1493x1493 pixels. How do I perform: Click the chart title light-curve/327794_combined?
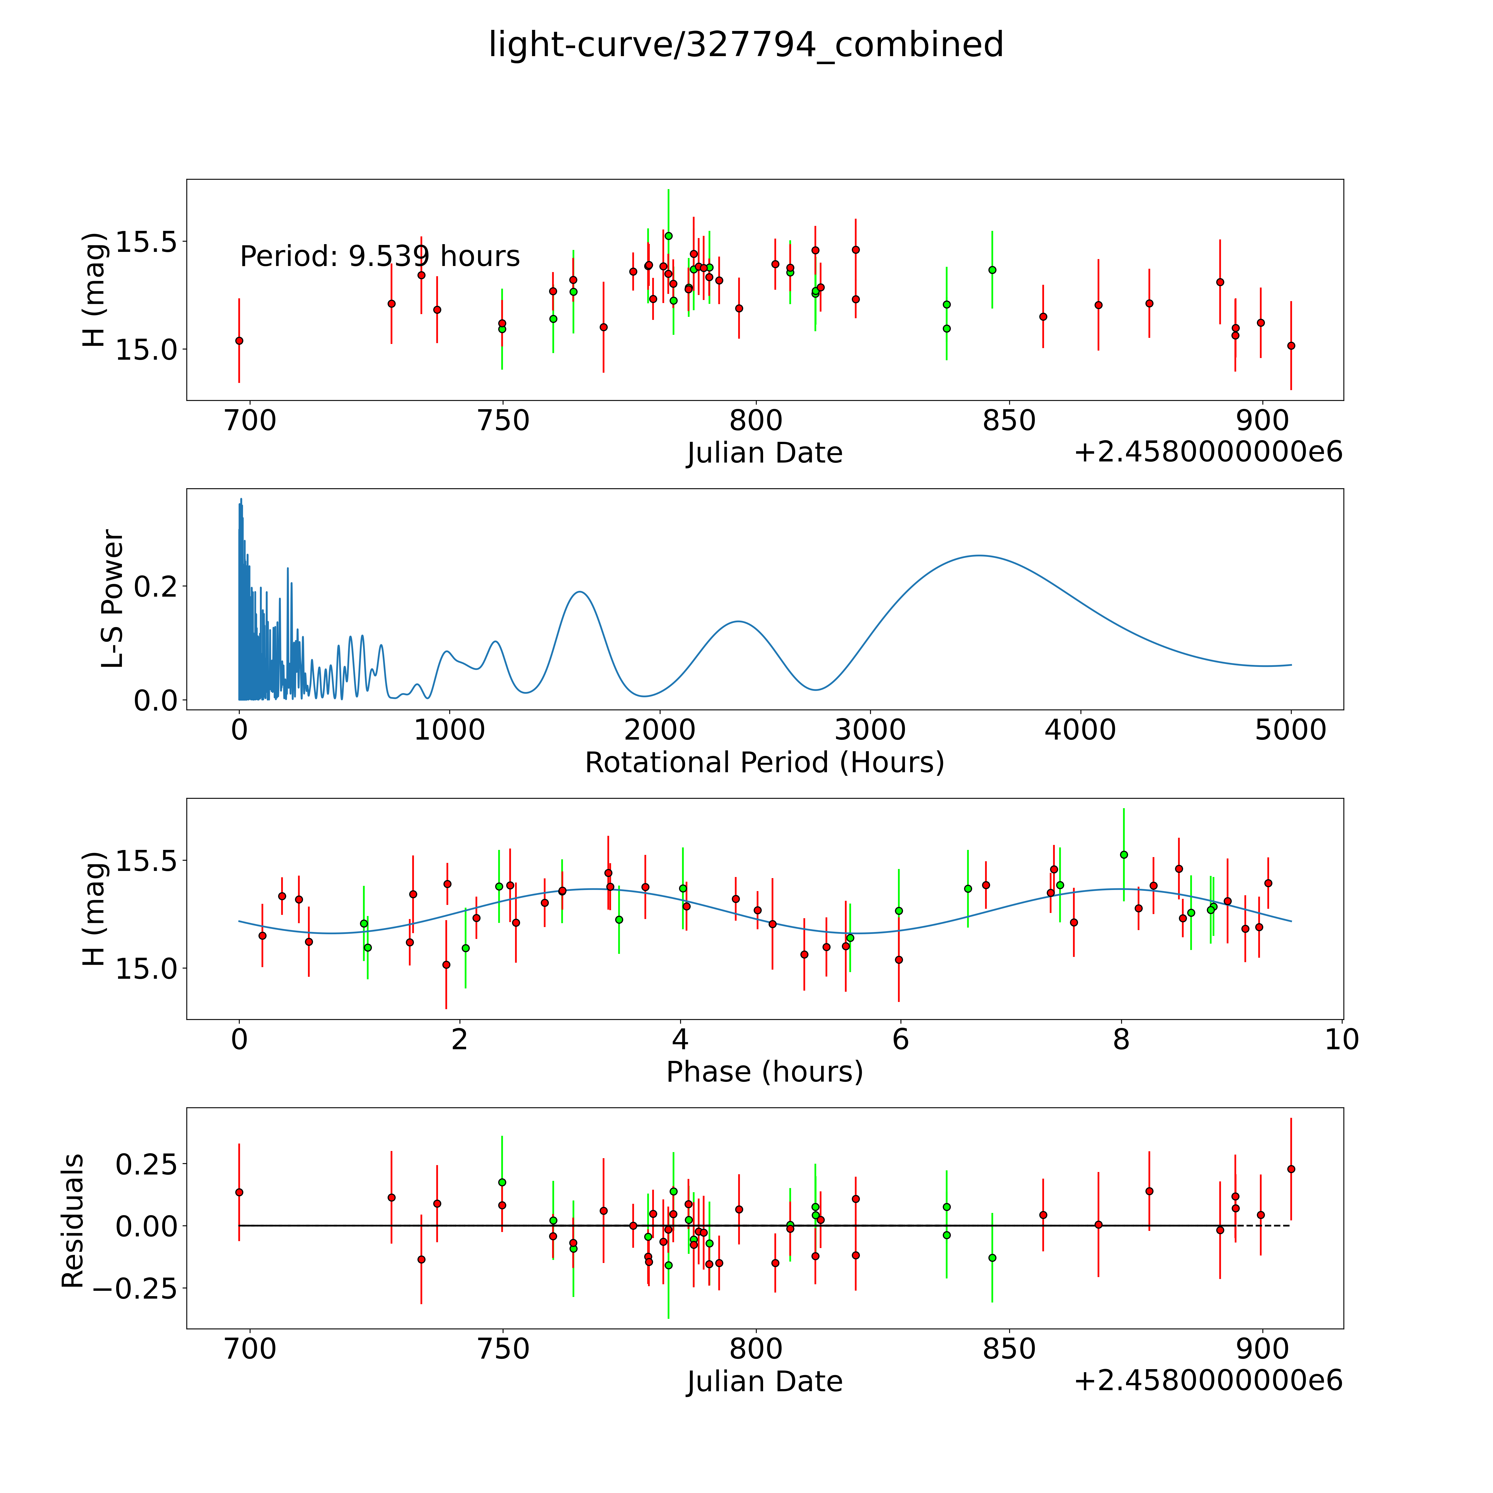746,45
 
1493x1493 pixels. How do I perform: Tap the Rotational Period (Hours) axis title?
764,763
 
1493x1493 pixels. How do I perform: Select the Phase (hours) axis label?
764,1072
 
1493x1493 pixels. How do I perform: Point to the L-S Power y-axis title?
113,599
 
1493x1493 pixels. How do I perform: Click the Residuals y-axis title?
73,1221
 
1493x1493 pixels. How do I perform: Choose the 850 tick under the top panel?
1009,421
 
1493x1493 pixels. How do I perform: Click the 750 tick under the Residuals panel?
502,1349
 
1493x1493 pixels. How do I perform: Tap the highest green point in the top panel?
669,236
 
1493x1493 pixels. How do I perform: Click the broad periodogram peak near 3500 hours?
979,556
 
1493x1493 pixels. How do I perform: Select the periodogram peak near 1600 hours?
580,592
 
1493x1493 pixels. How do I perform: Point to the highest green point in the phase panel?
1124,855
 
